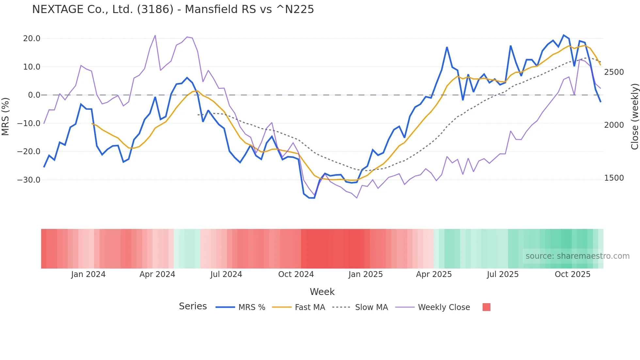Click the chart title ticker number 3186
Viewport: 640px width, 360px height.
pos(155,9)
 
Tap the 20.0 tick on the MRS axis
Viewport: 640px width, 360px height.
pos(32,39)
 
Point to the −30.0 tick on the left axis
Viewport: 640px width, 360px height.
pos(29,180)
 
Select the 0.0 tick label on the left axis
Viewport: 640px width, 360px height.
pos(34,95)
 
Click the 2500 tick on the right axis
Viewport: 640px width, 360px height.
pos(614,72)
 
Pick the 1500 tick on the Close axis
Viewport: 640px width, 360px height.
pos(614,178)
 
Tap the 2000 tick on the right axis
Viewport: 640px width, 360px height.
pos(614,125)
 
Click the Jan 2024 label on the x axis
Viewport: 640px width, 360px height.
pos(88,274)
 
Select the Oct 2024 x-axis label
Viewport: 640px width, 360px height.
pos(296,274)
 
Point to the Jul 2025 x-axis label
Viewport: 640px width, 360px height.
pos(503,274)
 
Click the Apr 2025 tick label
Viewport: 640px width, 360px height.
pos(434,274)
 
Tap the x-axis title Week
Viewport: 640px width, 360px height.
pos(322,292)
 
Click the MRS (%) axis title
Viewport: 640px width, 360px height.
pos(6,116)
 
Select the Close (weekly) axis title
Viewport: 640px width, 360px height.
pos(634,117)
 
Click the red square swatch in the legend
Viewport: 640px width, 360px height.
pos(486,307)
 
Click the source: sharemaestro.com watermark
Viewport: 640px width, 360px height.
pos(577,256)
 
